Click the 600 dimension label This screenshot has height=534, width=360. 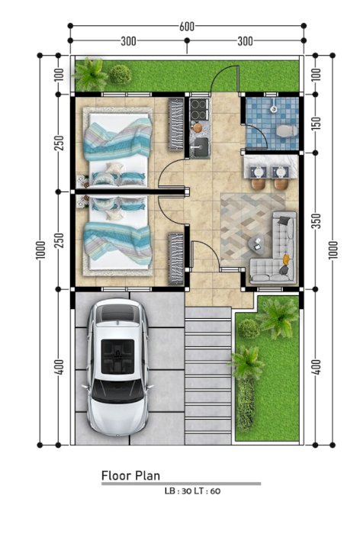(x=187, y=26)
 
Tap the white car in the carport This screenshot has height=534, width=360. (x=117, y=368)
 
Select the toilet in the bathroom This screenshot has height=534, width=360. (x=287, y=131)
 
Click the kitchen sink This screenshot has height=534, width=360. (x=201, y=146)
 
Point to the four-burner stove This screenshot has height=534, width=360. (x=198, y=109)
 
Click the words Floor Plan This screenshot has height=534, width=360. (x=130, y=475)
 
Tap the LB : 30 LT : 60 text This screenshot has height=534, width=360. (x=192, y=491)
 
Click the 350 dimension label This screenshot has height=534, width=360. (x=317, y=221)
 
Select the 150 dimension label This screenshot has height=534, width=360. (x=317, y=124)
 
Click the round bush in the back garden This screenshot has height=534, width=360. (x=121, y=75)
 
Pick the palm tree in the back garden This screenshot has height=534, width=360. (x=90, y=74)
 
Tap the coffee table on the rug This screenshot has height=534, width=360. (x=256, y=243)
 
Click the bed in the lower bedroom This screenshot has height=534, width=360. (x=117, y=236)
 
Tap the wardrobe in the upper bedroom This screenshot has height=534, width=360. (x=175, y=124)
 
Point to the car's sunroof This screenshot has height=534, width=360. (x=117, y=356)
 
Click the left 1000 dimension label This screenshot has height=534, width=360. (x=40, y=250)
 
